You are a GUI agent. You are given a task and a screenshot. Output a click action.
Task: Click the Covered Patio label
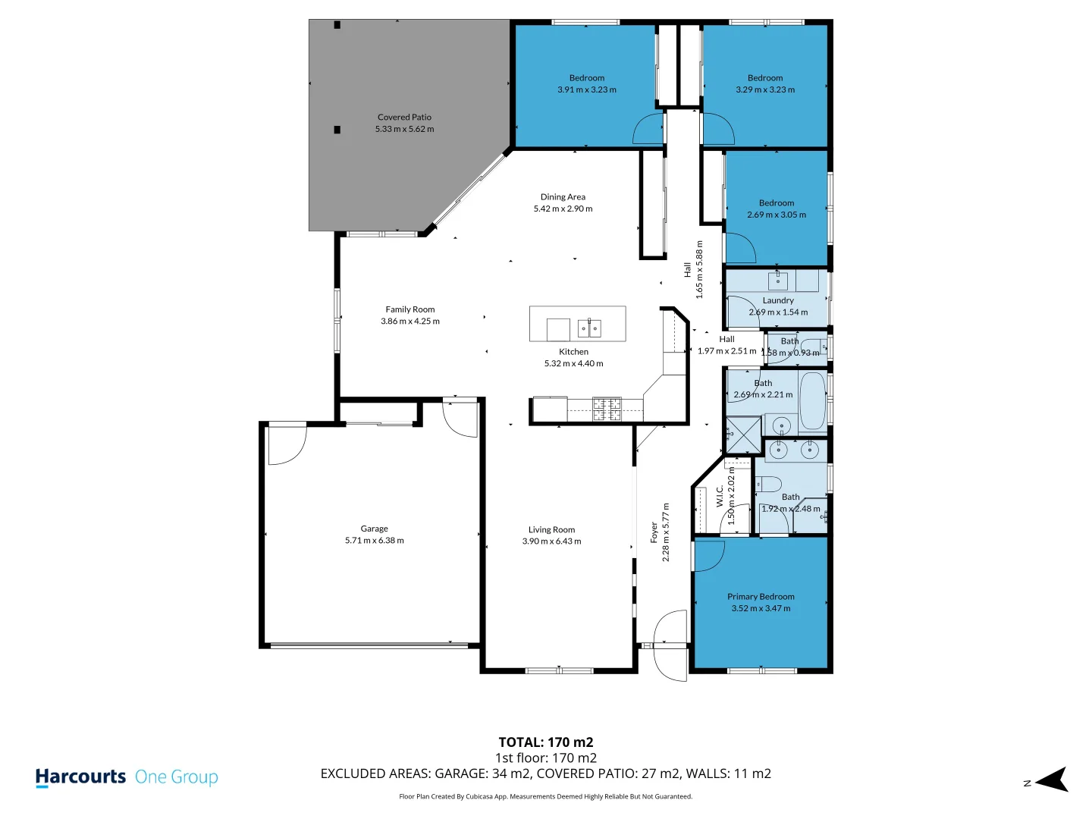tap(404, 118)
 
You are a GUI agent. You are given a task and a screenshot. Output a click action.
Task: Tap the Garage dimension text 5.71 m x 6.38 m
tap(375, 541)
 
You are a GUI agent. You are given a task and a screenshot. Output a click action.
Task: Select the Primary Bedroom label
tap(761, 597)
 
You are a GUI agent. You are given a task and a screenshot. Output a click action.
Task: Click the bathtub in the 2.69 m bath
tap(813, 400)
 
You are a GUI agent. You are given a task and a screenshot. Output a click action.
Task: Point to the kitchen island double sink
tap(589, 328)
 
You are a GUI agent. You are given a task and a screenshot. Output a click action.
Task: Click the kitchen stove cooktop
tap(607, 409)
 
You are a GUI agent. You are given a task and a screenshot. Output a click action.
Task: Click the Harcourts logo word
tap(80, 777)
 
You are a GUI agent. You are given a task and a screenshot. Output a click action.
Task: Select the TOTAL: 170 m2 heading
tap(546, 742)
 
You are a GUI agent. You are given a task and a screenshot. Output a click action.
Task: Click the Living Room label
tap(551, 530)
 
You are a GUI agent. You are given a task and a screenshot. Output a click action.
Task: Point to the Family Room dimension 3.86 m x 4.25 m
tap(410, 322)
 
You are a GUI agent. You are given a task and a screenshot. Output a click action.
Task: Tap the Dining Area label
tap(563, 197)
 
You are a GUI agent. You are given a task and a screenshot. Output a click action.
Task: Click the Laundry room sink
tap(778, 281)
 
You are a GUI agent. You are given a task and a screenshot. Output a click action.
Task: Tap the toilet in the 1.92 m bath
tap(769, 484)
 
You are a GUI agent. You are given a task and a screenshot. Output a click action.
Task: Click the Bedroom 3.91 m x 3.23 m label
tap(587, 78)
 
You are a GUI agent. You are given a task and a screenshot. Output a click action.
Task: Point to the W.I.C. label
tap(720, 496)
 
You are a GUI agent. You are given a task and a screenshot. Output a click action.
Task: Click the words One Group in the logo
tap(177, 777)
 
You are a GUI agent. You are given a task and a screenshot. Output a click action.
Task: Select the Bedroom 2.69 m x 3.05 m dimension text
tap(777, 215)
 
